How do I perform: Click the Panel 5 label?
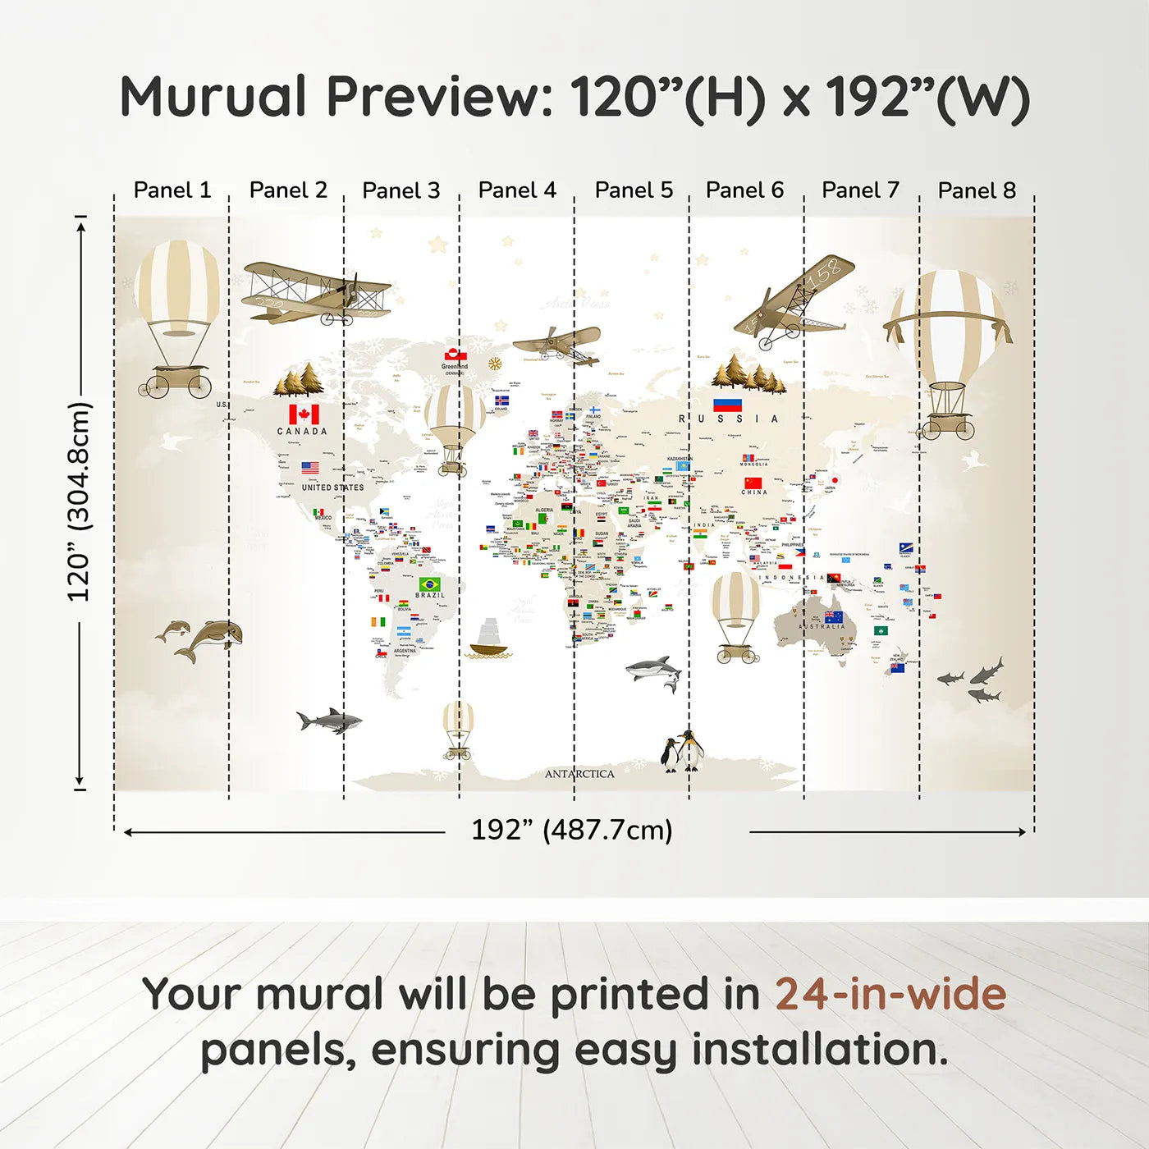click(x=634, y=190)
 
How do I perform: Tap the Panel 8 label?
click(x=977, y=190)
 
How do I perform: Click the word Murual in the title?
click(x=213, y=97)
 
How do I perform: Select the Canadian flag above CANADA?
click(x=304, y=414)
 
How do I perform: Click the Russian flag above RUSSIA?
click(x=727, y=405)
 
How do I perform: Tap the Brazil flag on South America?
click(x=429, y=584)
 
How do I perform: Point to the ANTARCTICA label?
click(x=579, y=774)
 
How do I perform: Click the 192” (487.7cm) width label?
click(x=571, y=830)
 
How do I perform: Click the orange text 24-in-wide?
click(x=890, y=994)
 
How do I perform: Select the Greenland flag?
click(x=455, y=355)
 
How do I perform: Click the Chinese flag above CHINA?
click(x=753, y=483)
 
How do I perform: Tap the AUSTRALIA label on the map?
click(x=822, y=626)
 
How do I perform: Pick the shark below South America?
click(x=330, y=721)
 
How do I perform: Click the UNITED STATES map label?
click(x=332, y=488)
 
